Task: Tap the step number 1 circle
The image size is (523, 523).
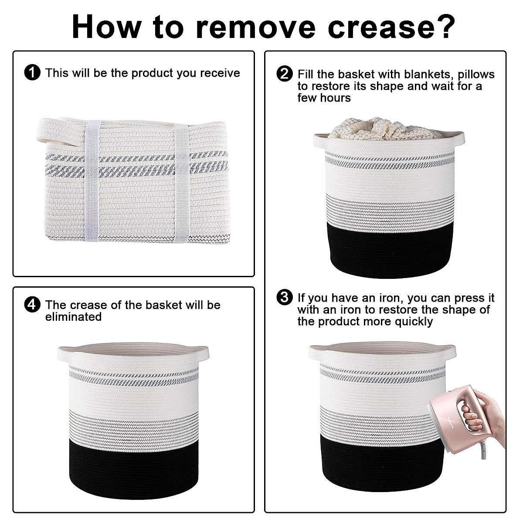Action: click(x=32, y=73)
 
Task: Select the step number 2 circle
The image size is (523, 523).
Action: click(x=285, y=74)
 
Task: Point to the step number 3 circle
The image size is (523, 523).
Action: click(x=285, y=298)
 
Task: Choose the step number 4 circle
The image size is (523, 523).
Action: click(x=32, y=305)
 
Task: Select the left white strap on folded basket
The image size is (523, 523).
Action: click(x=92, y=181)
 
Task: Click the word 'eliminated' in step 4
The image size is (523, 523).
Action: click(x=73, y=317)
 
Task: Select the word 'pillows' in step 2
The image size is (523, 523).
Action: click(x=476, y=75)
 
